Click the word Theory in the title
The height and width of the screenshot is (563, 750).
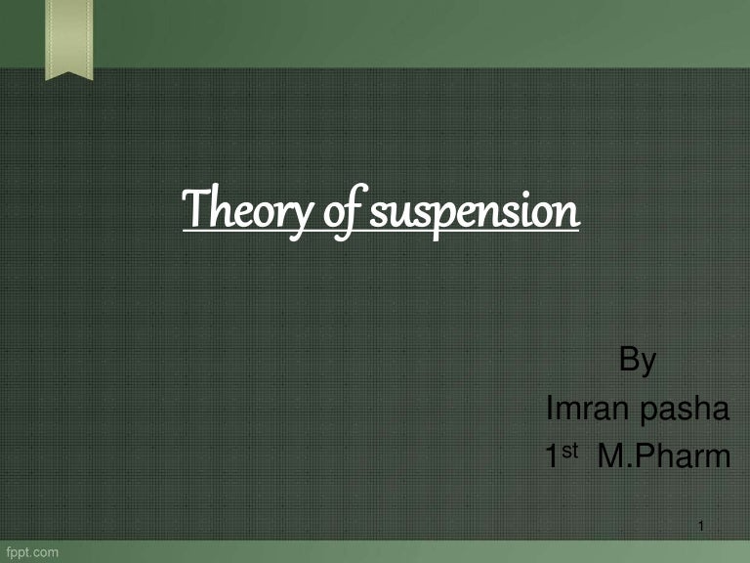(x=239, y=212)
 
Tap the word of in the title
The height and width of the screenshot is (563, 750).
(x=331, y=212)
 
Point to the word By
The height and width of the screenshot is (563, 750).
(x=638, y=362)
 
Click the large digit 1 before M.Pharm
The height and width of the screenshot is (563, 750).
(x=552, y=456)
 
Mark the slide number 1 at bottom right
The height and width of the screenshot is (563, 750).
(x=703, y=529)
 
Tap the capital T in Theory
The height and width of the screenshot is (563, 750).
(x=194, y=210)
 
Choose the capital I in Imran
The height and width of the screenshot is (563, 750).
(x=548, y=410)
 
